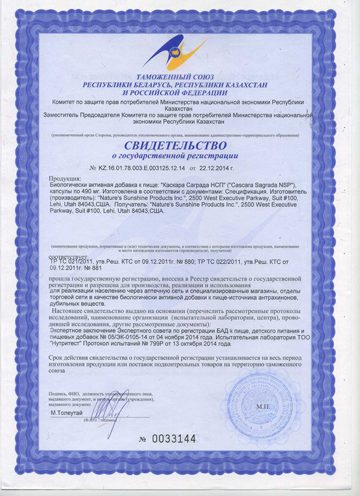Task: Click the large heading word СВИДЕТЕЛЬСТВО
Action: click(176, 145)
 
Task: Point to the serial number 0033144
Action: click(173, 439)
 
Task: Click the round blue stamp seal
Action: click(262, 402)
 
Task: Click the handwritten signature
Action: click(113, 408)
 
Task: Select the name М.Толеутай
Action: click(68, 414)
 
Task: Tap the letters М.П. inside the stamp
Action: click(263, 407)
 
